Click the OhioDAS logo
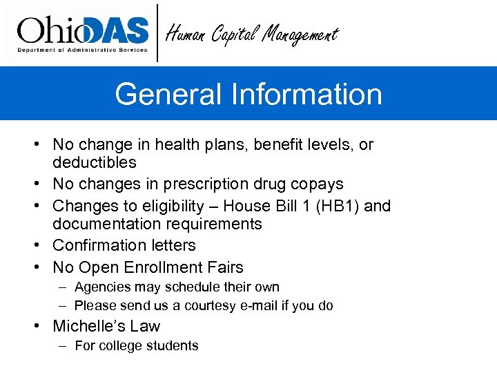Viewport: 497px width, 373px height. coord(83,33)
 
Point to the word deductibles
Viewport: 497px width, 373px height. coord(95,163)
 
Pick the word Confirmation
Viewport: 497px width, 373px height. coord(95,245)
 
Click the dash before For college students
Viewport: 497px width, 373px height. coord(63,346)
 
